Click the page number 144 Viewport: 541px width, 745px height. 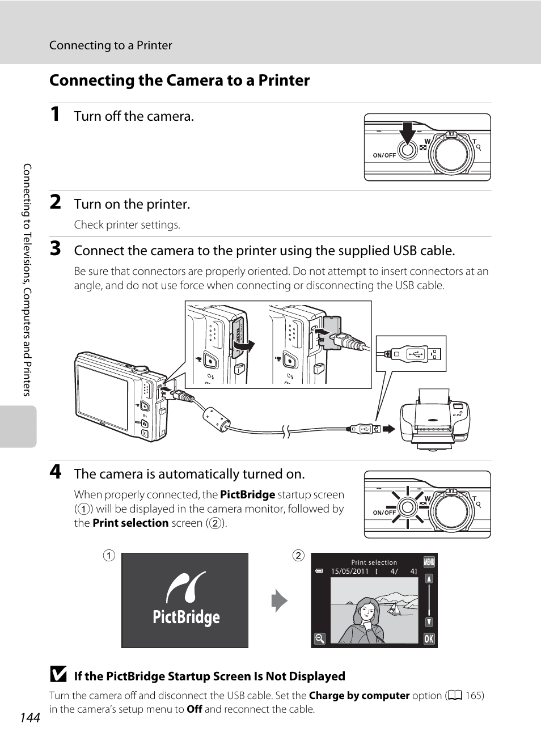30,718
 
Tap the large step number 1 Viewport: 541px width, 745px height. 55,114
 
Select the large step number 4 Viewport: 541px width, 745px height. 55,472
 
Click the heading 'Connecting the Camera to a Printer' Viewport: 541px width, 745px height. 179,81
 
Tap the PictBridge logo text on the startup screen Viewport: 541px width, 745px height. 186,617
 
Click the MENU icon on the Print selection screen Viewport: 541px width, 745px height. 429,561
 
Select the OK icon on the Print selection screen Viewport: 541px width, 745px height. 429,639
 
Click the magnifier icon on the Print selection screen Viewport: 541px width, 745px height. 320,639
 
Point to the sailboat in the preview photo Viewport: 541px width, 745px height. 392,609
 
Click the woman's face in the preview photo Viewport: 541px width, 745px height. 367,611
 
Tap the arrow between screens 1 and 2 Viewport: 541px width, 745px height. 279,601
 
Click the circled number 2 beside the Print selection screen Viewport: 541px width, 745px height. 298,556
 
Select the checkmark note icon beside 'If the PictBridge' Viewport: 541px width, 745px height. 58,675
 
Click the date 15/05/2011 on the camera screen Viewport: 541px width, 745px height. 350,572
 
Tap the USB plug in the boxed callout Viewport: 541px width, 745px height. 411,354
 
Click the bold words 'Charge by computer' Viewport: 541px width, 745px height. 359,696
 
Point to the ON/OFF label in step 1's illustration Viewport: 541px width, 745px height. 384,155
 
